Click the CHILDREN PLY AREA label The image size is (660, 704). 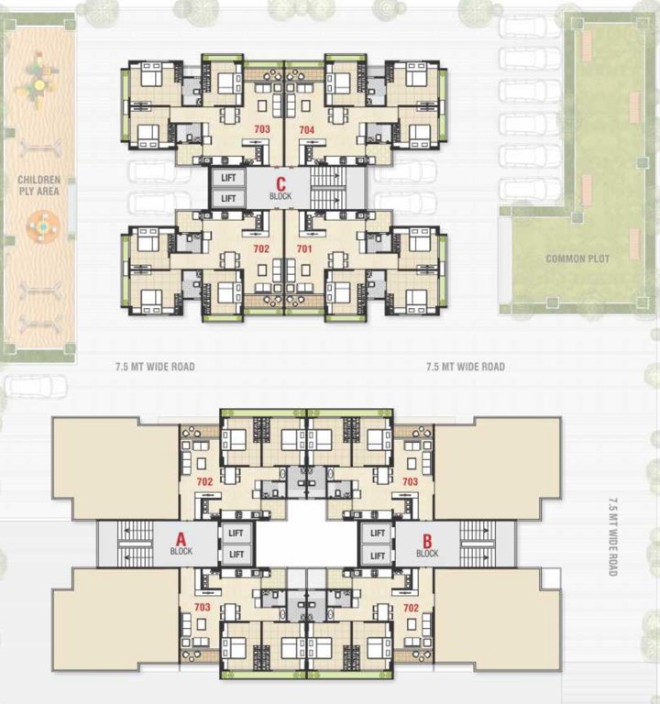[38, 186]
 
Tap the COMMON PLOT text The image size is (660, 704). [577, 258]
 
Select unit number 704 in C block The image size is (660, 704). [306, 130]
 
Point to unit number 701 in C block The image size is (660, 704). [304, 248]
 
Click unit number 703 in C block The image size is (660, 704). [262, 130]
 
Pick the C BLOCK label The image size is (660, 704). [280, 189]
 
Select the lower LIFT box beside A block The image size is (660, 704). [236, 555]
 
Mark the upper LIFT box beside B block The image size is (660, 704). [377, 532]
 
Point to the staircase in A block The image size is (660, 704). [127, 544]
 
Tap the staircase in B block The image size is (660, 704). [477, 544]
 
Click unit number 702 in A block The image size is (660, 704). [204, 481]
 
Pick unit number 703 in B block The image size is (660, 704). [410, 481]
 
